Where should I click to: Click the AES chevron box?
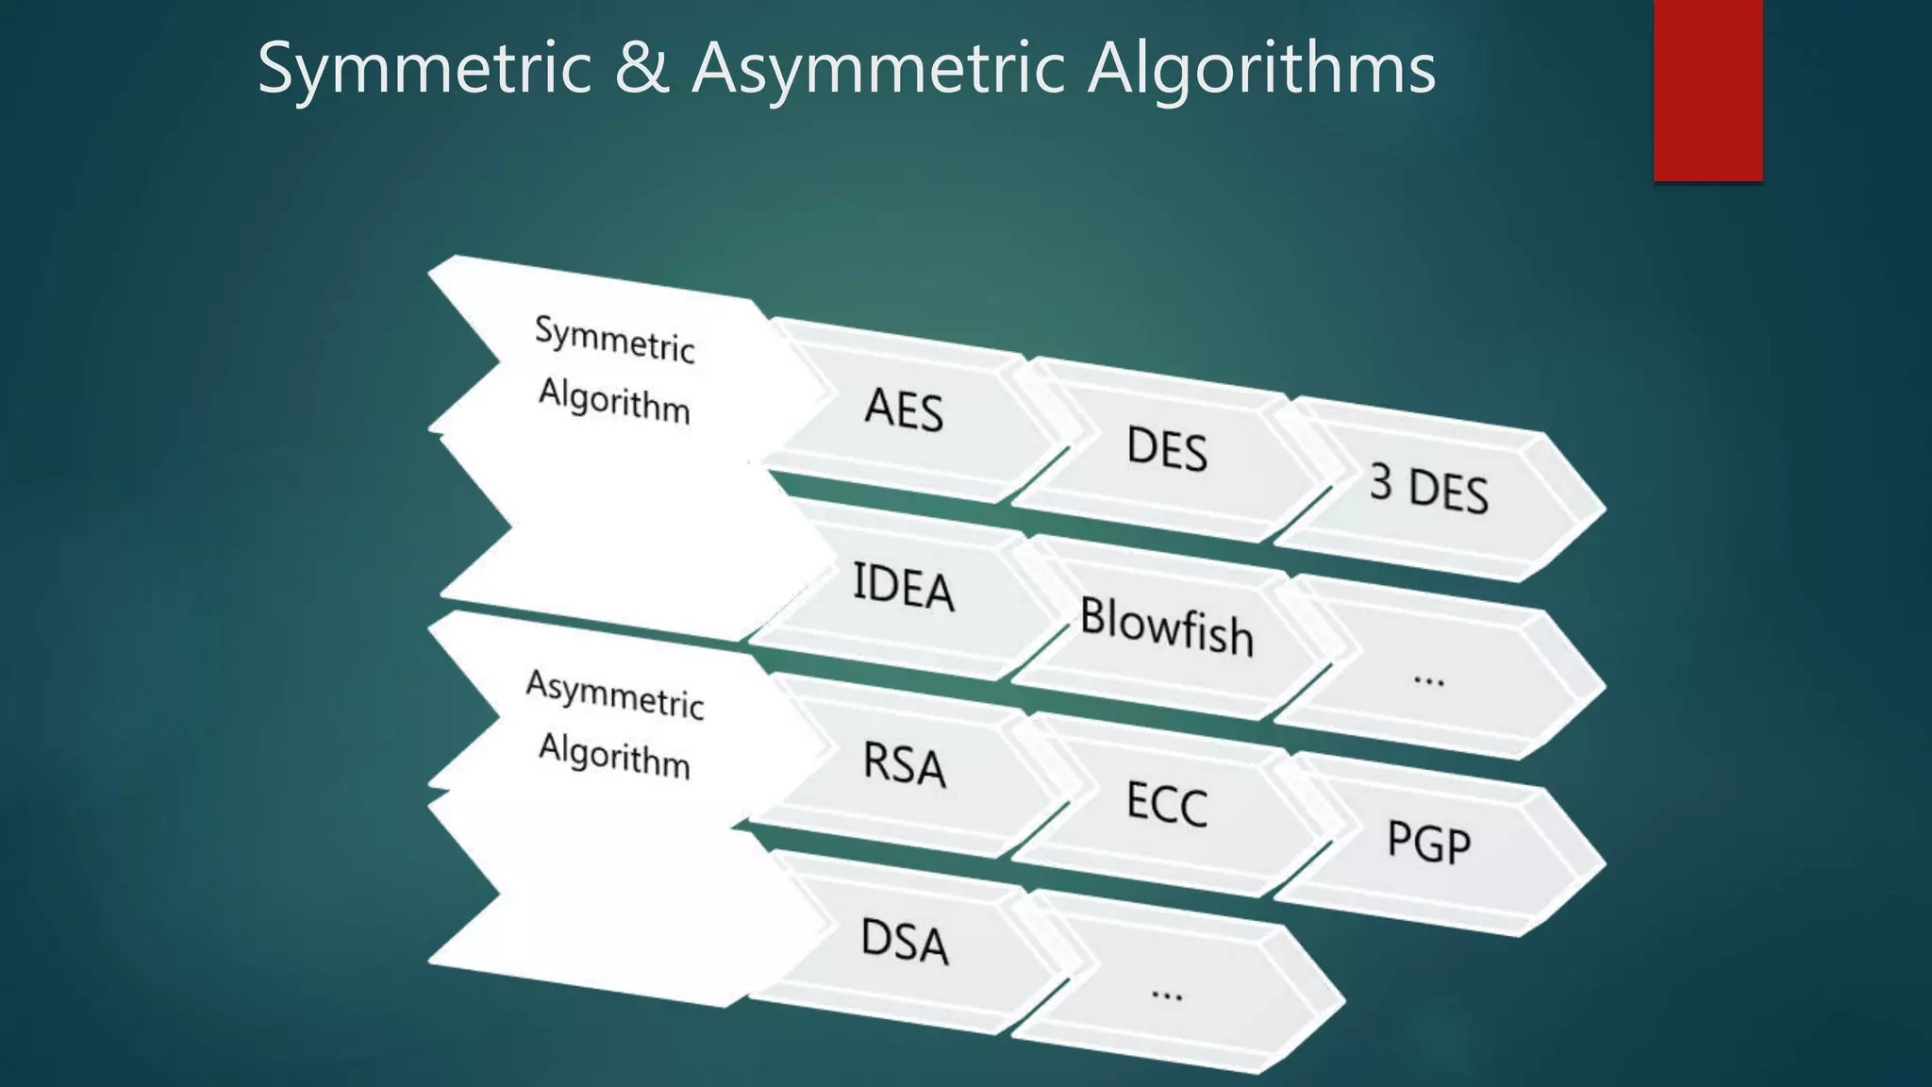pyautogui.click(x=904, y=410)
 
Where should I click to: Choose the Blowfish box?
pyautogui.click(x=1167, y=626)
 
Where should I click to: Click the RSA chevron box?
pyautogui.click(x=904, y=763)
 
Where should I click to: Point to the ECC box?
pyautogui.click(x=1167, y=803)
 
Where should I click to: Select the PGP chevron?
pyautogui.click(x=1428, y=842)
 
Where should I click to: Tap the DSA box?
pyautogui.click(x=904, y=941)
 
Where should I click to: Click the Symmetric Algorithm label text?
pyautogui.click(x=614, y=371)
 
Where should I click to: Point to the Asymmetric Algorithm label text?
pyautogui.click(x=614, y=725)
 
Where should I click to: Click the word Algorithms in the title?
pyautogui.click(x=1261, y=68)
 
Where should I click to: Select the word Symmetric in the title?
pyautogui.click(x=425, y=68)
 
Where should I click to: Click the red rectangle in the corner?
pyautogui.click(x=1707, y=90)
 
